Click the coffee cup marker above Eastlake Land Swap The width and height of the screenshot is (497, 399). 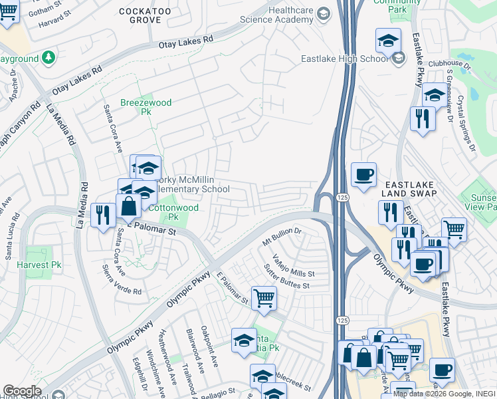[x=363, y=175]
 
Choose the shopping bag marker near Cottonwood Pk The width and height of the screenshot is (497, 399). [x=129, y=206]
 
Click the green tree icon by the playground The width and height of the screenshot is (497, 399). [x=49, y=59]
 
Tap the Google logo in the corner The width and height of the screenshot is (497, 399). [x=22, y=391]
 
